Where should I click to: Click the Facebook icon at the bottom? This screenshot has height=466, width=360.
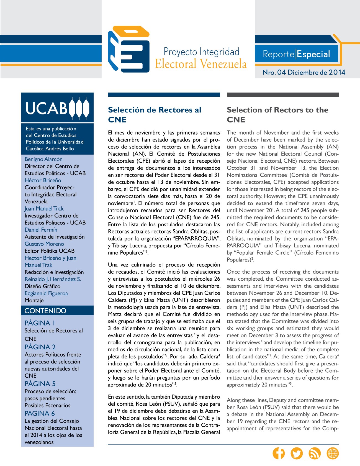tap(279, 454)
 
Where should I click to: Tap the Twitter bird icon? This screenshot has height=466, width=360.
tap(297, 454)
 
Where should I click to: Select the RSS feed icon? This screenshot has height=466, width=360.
tap(315, 454)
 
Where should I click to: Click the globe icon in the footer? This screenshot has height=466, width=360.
tap(333, 454)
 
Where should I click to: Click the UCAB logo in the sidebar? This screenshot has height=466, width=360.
tap(57, 108)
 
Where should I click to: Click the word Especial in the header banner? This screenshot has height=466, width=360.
tap(313, 54)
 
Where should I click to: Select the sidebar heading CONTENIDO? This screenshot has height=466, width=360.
tap(45, 311)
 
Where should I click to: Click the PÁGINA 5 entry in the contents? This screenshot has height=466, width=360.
tap(40, 384)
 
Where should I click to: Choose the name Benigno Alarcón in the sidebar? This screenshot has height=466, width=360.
tap(43, 159)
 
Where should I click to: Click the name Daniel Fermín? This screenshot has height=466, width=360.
tap(41, 230)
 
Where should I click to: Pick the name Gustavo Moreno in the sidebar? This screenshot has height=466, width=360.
tap(44, 244)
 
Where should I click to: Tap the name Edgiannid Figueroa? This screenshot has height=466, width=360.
tap(46, 293)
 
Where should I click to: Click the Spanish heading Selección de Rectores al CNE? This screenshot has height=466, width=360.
tap(155, 114)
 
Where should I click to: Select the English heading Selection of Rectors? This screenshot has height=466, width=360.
tap(277, 114)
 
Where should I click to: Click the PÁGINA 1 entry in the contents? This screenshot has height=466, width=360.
tap(40, 323)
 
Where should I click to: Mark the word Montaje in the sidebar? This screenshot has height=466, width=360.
tap(34, 300)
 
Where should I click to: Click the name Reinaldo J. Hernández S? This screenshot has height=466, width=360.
tap(53, 279)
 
